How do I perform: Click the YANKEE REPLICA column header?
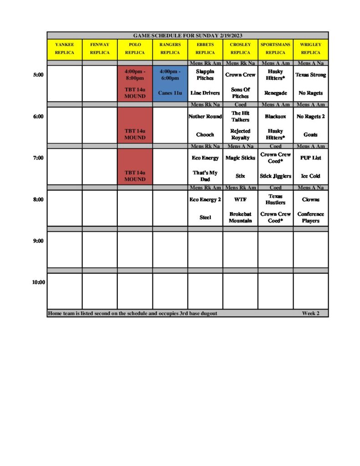tap(64, 49)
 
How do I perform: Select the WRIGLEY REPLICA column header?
tap(311, 49)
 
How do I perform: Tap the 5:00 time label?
tap(38, 75)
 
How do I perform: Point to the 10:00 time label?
tap(38, 282)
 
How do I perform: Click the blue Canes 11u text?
tap(170, 93)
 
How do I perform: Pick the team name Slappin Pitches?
tap(205, 75)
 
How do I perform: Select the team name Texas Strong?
tap(311, 75)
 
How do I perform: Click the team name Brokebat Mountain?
tap(240, 218)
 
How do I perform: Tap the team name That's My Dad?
tap(205, 176)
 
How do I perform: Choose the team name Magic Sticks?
tap(240, 158)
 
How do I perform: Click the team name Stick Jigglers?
tap(275, 176)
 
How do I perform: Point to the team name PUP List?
tap(311, 158)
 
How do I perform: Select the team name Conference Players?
tap(311, 218)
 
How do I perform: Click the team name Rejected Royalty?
tap(240, 134)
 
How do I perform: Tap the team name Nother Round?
tap(205, 116)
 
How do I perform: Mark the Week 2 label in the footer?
tap(311, 314)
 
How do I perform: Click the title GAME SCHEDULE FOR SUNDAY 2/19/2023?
tap(188, 35)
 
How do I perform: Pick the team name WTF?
tap(240, 199)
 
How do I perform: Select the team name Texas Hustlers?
tap(275, 199)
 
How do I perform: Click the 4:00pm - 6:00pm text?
tap(170, 75)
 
